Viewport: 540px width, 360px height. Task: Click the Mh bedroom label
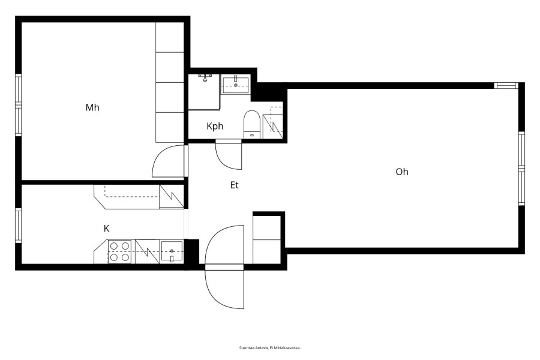pos(92,107)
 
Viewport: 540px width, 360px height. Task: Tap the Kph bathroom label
pos(215,126)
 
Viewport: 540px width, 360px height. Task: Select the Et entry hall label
pos(234,185)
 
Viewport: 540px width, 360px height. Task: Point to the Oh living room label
pos(402,172)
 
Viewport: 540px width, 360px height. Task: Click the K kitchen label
pos(106,228)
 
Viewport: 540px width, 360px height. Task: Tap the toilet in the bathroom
pos(252,124)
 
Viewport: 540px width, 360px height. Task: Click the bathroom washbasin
pos(236,85)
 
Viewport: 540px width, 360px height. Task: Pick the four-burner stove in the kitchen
pos(120,251)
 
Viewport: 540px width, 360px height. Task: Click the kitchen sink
pos(172,251)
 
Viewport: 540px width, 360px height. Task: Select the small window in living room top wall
pos(506,85)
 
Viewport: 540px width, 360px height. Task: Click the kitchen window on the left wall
pos(18,226)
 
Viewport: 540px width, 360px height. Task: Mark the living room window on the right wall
pos(521,169)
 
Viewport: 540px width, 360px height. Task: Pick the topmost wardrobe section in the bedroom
pos(169,37)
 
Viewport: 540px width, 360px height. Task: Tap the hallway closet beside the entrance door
pos(266,239)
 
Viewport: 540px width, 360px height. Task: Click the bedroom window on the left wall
pos(18,105)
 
